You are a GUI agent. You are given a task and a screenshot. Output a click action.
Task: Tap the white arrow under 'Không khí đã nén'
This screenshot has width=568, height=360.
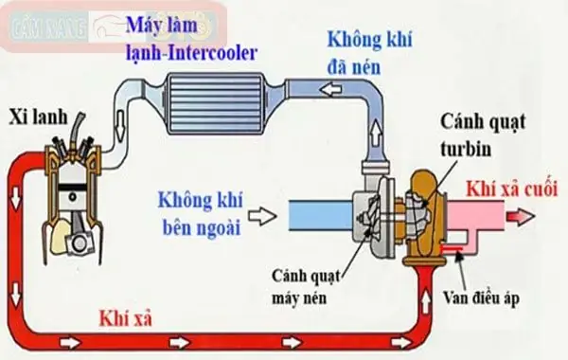pyautogui.click(x=329, y=91)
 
